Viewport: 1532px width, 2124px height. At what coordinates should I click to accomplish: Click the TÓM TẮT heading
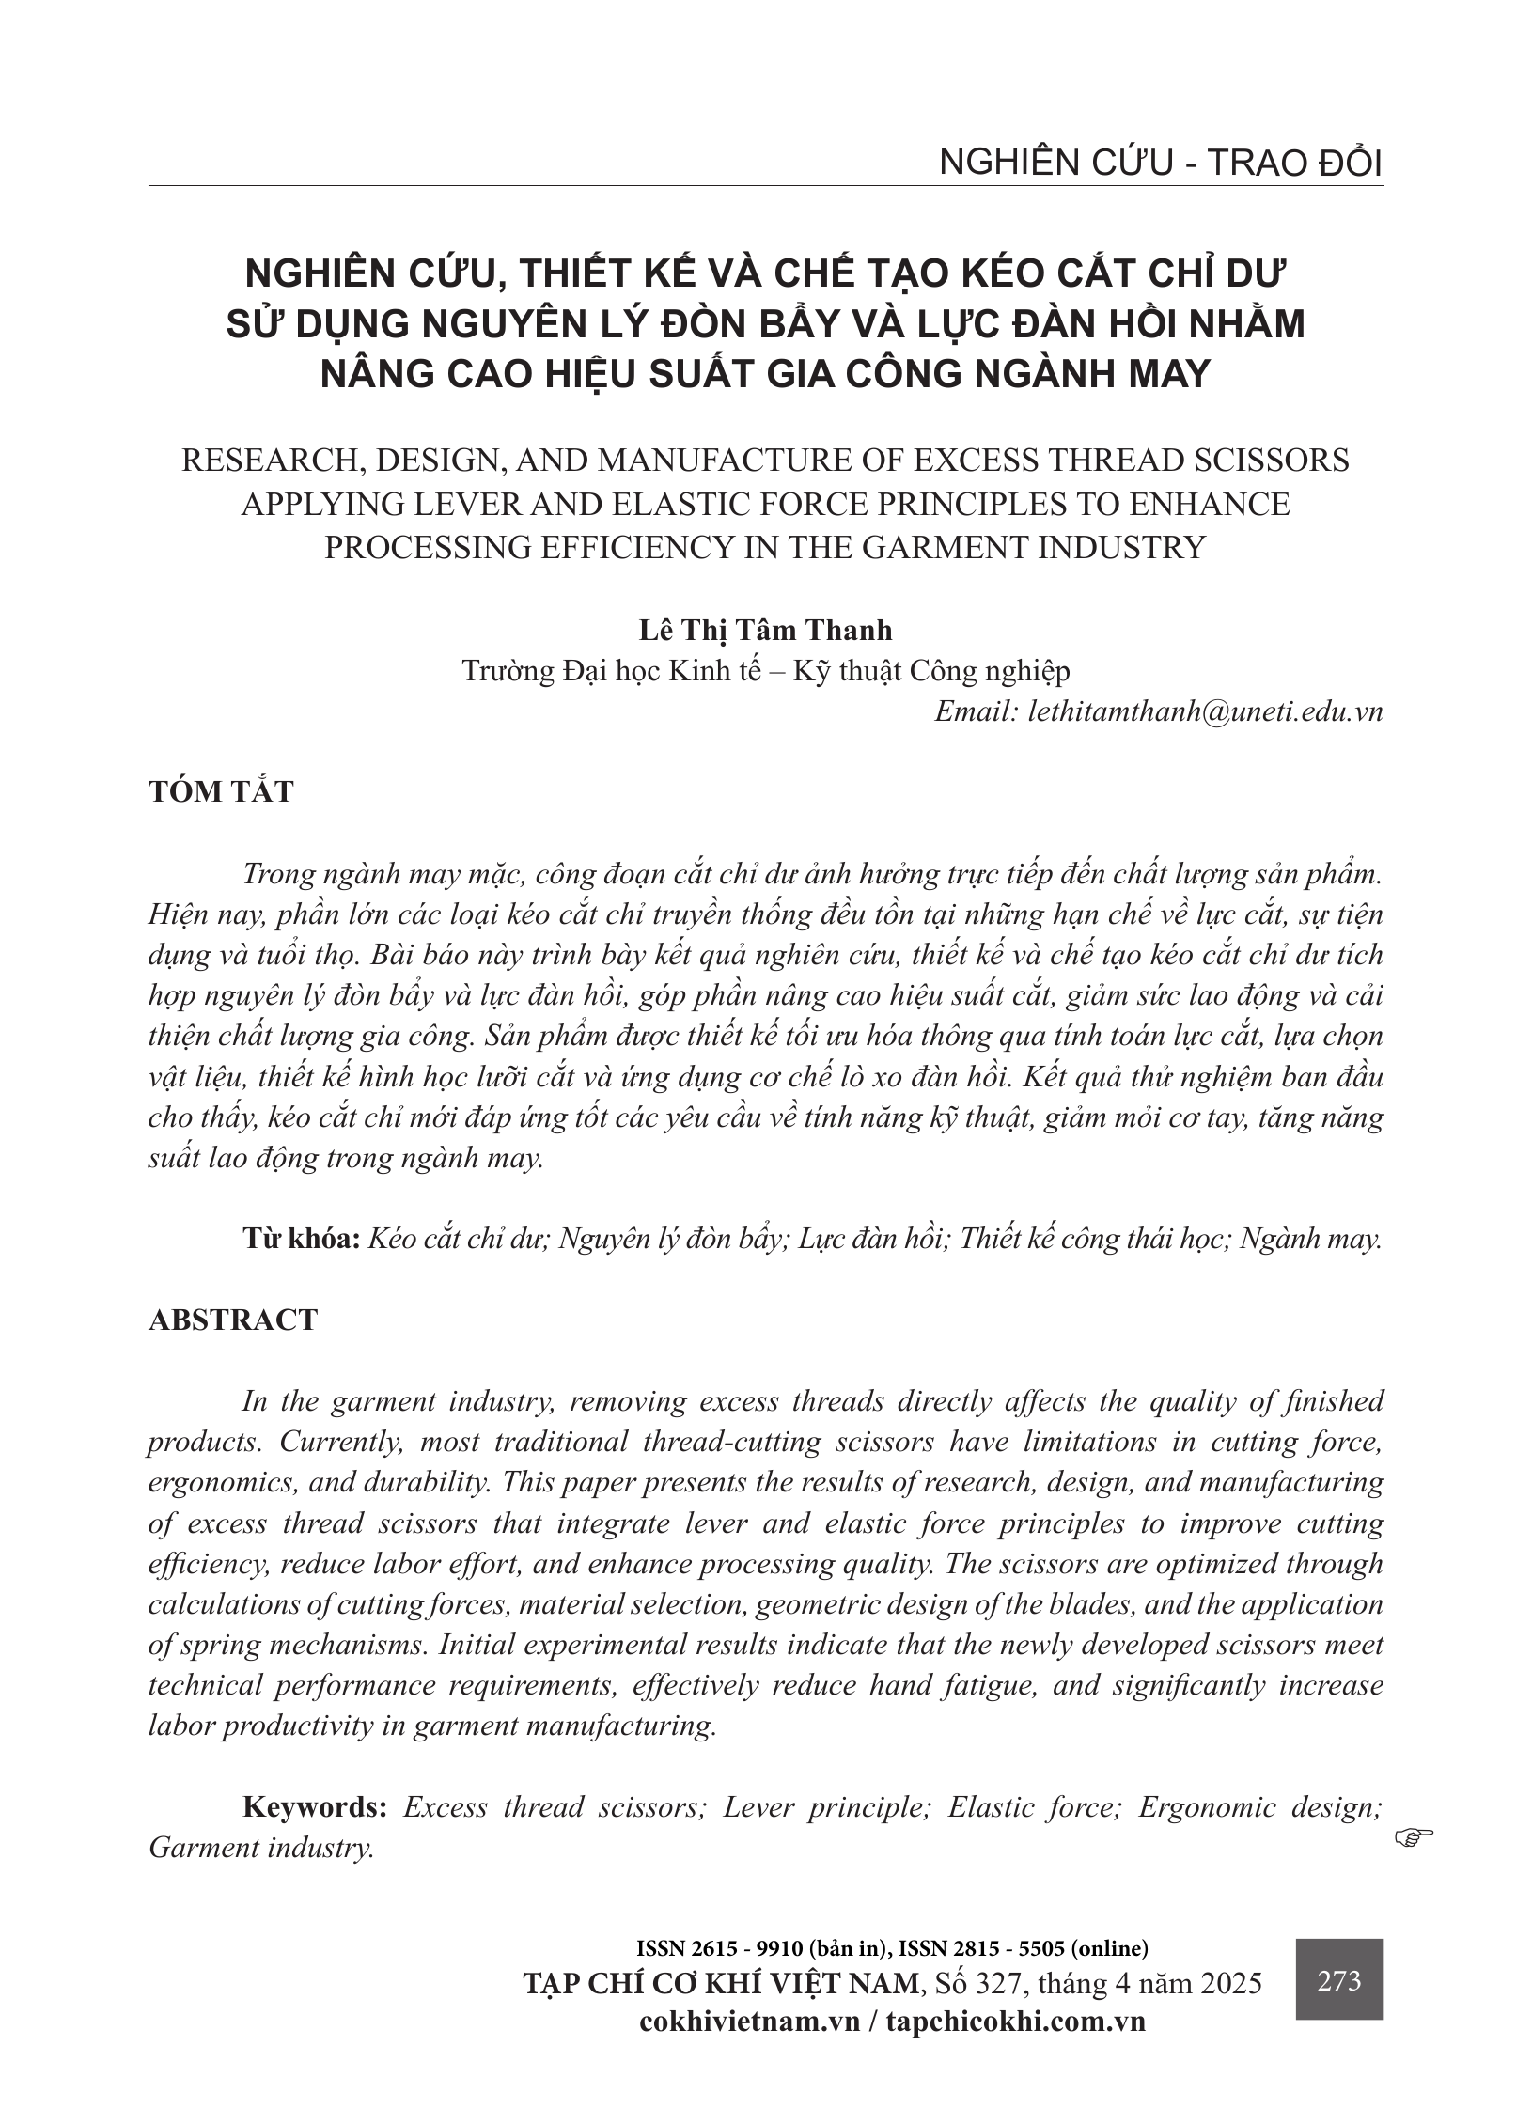tap(221, 791)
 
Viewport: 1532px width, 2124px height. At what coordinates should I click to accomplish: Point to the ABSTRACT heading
tap(233, 1320)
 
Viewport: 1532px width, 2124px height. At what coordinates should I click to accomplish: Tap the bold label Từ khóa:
tap(302, 1240)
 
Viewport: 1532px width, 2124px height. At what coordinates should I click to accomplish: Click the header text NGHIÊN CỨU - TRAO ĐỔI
tap(1161, 164)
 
